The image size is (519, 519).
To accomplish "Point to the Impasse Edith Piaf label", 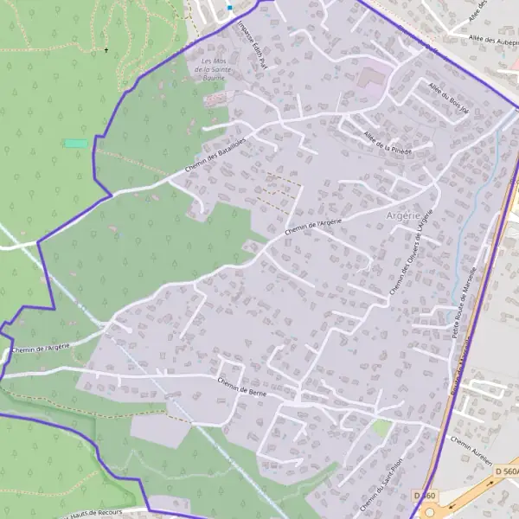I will pos(253,45).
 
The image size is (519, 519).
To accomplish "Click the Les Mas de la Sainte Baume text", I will pos(213,68).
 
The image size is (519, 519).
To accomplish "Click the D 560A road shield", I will pos(507,471).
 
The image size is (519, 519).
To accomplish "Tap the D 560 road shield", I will pos(425,494).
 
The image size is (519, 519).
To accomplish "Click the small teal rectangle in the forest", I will pos(76,143).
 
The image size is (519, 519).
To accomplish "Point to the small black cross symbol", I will pos(106,50).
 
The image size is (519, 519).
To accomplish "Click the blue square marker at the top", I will pos(229,7).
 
